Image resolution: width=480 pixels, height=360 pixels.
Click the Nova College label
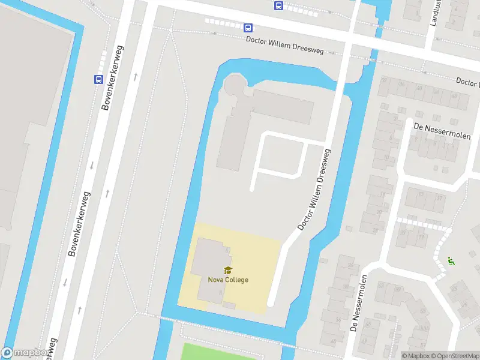click(228, 280)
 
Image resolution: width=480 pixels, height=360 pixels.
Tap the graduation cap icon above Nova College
click(228, 270)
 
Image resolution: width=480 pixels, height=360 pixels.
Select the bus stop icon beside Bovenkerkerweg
click(98, 79)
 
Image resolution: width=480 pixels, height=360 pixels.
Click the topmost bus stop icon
click(278, 5)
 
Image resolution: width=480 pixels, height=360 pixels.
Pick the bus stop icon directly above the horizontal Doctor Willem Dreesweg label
click(248, 27)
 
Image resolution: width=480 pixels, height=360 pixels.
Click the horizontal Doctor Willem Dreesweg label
click(285, 46)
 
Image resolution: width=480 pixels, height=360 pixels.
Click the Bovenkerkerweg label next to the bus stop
click(113, 77)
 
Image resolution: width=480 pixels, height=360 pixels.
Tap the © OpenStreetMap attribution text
click(454, 356)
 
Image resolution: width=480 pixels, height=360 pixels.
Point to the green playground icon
click(450, 261)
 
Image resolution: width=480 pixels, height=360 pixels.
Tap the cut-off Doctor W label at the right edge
click(468, 81)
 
